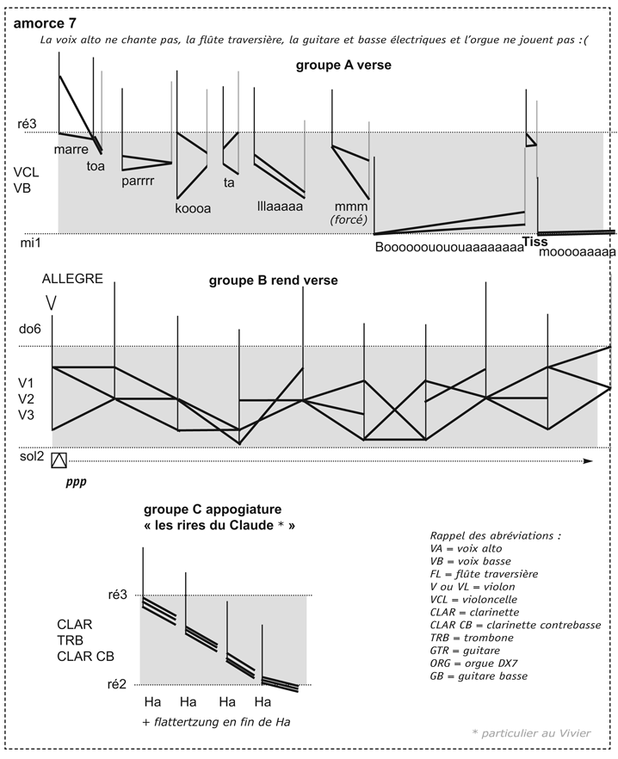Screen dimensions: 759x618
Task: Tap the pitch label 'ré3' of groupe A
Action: tap(28, 126)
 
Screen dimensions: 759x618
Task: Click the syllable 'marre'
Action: tap(71, 150)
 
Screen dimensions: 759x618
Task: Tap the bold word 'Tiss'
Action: tap(535, 242)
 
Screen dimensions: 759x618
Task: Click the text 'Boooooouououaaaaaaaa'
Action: tap(449, 248)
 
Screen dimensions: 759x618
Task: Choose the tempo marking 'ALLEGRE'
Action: tap(72, 279)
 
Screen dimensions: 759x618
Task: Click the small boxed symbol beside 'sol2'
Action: tap(59, 460)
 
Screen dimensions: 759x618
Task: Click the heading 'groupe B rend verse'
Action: tap(273, 281)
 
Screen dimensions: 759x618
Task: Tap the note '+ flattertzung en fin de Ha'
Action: tap(215, 721)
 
